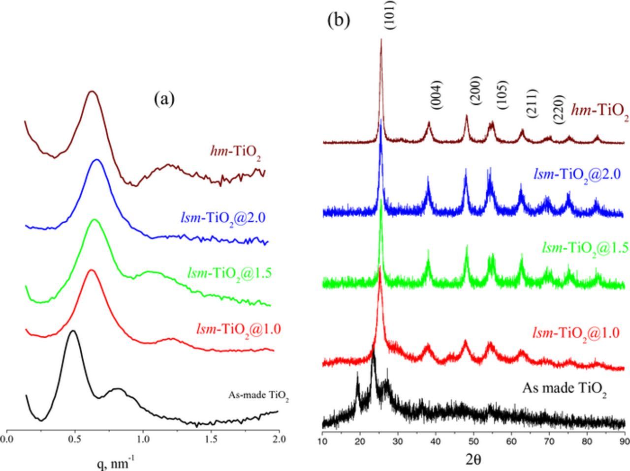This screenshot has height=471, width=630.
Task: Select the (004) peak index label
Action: [x=436, y=95]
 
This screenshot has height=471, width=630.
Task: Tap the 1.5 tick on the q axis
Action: [x=211, y=438]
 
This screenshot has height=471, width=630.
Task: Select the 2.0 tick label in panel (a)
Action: [x=279, y=438]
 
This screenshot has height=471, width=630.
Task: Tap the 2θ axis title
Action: [x=473, y=459]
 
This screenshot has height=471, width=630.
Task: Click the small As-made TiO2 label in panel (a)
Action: [x=258, y=396]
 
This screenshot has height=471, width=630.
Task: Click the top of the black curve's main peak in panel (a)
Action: [x=73, y=331]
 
